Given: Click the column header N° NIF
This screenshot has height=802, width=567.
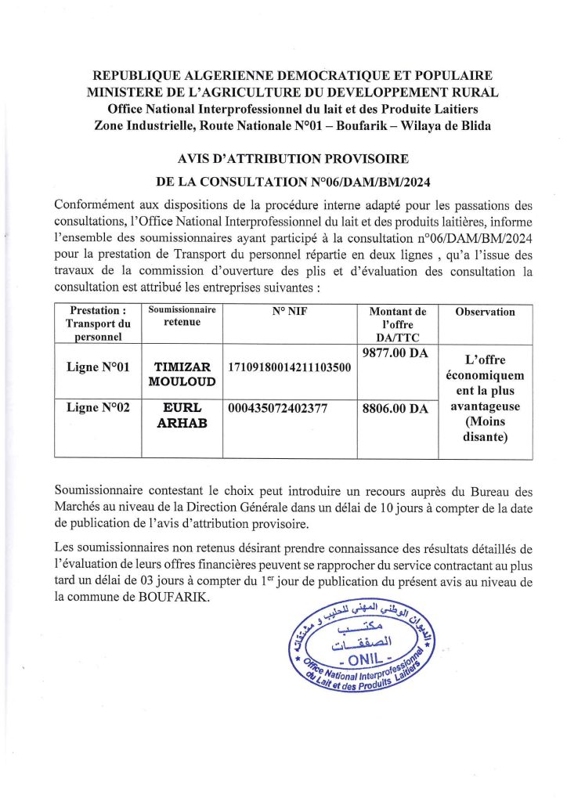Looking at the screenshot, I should coord(290,312).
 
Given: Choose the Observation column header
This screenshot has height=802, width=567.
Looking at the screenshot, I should coord(485,312).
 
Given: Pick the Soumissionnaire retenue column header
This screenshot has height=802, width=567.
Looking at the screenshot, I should coord(182,316).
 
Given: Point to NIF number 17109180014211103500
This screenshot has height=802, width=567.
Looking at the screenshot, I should coord(289,367).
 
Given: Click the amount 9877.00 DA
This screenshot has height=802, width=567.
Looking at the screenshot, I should coord(395,353).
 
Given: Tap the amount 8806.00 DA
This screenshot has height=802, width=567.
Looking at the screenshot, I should coord(395,408).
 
